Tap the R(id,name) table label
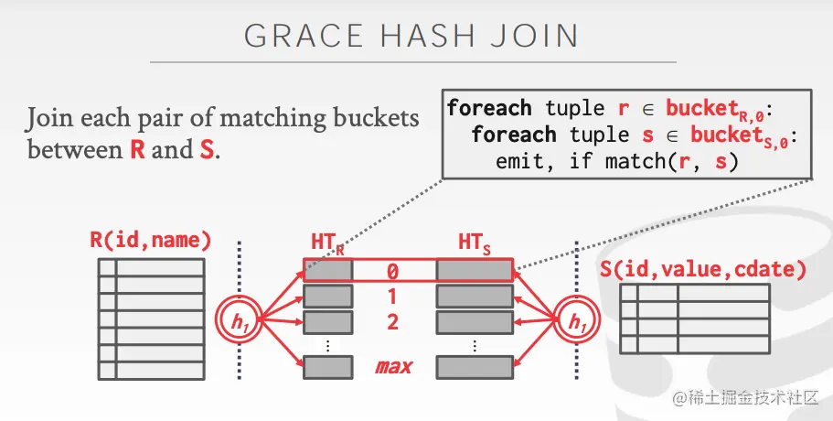point(151,241)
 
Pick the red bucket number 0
point(392,272)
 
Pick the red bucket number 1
point(392,297)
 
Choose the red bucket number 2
point(392,321)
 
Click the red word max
point(393,367)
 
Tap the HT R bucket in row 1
point(327,297)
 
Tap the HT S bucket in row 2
point(474,321)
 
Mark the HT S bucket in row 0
point(474,271)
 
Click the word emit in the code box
point(518,163)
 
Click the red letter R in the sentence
point(138,149)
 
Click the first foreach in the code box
point(488,108)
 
